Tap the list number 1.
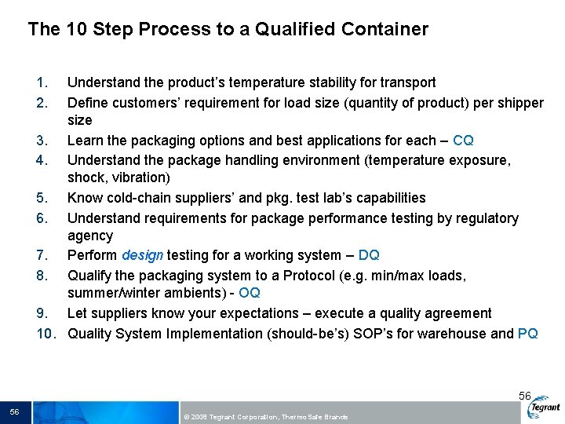42,82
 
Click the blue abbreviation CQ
463,141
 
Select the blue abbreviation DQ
369,255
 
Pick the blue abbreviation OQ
250,293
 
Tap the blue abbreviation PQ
528,334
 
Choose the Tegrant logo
544,408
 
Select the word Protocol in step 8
297,276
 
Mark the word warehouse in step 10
457,334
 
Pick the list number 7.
42,255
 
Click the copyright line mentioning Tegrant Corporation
264,416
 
